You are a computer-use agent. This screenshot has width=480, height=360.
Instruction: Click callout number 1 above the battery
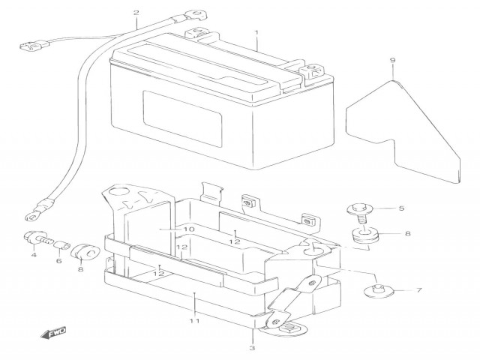256,34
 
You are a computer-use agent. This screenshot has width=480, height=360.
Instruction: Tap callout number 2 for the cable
136,13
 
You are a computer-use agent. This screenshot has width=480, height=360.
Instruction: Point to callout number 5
400,208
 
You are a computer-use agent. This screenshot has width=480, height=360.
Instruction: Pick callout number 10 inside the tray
187,229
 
